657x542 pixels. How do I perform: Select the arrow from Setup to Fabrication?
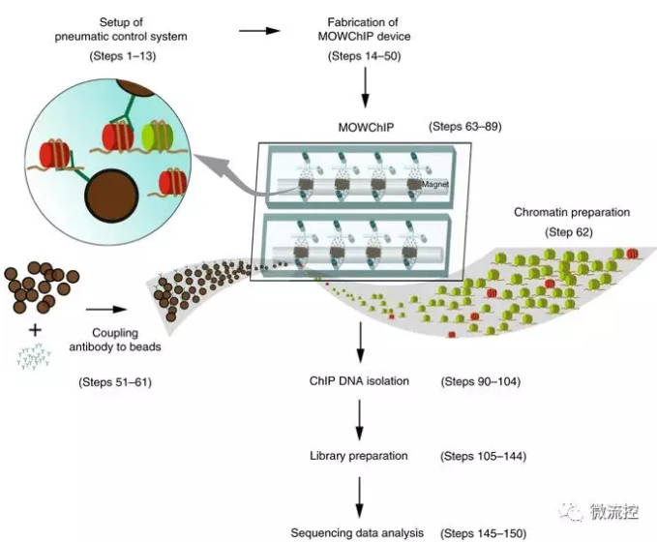tap(258, 30)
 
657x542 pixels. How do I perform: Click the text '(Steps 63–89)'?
tap(465, 127)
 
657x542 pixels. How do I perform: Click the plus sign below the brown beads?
tap(36, 329)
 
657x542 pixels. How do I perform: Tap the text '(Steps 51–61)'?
tap(114, 382)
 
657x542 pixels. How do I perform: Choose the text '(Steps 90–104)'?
tap(481, 381)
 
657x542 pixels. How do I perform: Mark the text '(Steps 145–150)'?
tap(485, 532)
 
